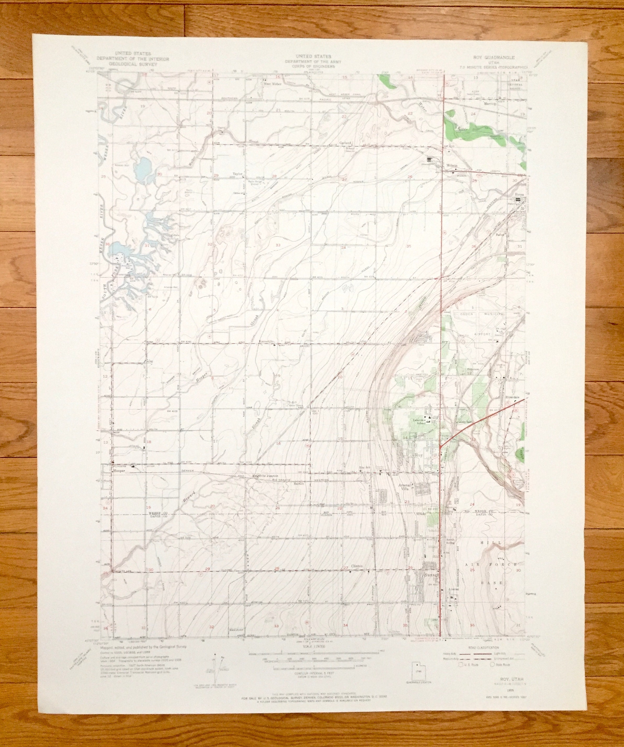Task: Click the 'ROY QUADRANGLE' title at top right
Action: (x=490, y=57)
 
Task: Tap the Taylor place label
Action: (x=237, y=174)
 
